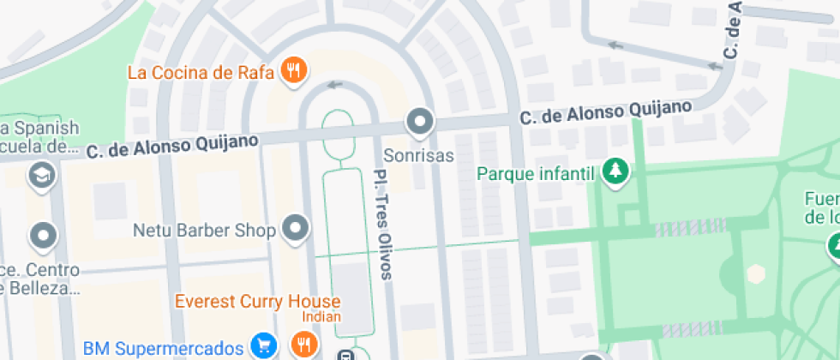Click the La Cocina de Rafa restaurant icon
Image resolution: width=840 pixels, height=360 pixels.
coord(293,71)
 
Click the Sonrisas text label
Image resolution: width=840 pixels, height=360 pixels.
coord(418,157)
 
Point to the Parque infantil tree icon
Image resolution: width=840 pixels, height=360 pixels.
coord(615,172)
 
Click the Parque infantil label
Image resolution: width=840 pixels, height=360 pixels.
coord(536,174)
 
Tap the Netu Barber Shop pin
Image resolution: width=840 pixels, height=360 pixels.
coord(297,230)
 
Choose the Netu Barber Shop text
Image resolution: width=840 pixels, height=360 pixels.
coord(204,231)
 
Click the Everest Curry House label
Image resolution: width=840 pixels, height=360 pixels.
coord(257,302)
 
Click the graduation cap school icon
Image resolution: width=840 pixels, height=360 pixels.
coord(40,176)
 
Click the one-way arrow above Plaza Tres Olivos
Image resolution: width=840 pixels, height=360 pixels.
coord(334,84)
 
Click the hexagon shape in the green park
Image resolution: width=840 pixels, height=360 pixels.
coord(755,273)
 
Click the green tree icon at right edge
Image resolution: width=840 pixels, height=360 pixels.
coord(834,246)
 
